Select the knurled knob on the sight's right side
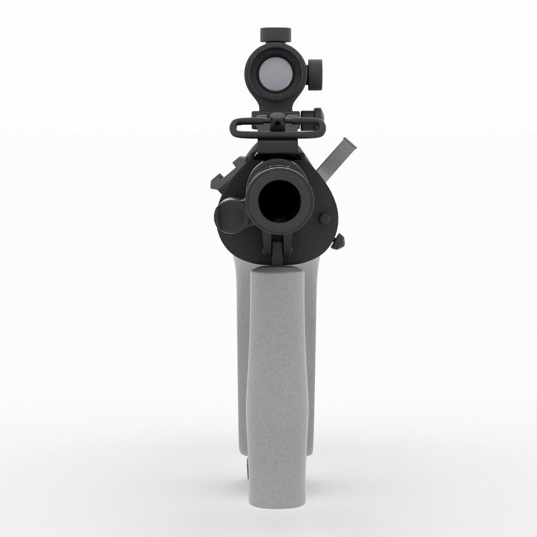315,75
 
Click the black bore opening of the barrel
280,200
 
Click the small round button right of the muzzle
325,218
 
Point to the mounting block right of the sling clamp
318,116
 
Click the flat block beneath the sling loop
276,145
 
